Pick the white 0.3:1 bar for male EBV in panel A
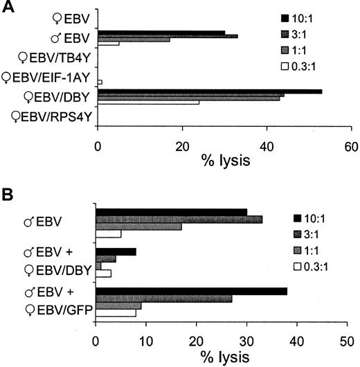point(109,44)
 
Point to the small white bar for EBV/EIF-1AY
point(100,82)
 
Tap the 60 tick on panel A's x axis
point(352,145)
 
